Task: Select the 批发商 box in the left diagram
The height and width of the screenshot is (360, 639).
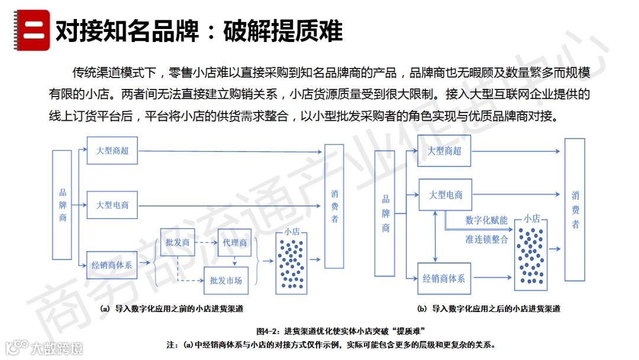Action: pos(177,243)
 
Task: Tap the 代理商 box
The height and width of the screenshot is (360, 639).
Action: pos(235,243)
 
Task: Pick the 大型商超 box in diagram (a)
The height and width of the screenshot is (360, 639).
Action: pos(112,150)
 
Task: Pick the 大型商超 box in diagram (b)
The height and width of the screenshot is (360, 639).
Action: pos(444,151)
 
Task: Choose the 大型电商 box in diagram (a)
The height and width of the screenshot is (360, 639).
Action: pos(112,205)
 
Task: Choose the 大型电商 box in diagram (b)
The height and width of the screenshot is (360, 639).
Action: pos(446,194)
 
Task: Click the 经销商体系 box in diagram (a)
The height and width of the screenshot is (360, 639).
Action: pos(112,265)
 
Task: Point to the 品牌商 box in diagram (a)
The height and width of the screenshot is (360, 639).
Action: pos(62,205)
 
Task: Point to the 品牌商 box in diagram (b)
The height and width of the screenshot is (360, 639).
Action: pos(385,213)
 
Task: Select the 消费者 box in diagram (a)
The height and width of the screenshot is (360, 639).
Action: pos(334,206)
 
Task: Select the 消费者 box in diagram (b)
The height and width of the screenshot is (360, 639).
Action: pos(575,210)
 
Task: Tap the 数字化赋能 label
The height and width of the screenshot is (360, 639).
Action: pos(486,220)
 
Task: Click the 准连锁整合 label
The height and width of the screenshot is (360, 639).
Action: pos(486,239)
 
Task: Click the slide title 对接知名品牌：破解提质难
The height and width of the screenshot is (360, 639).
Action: pos(199,31)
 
